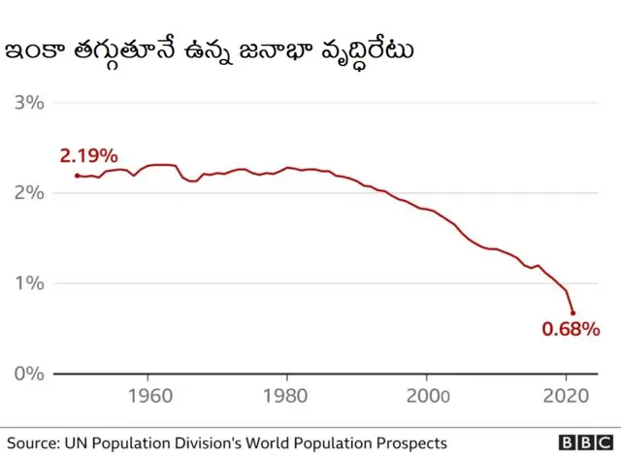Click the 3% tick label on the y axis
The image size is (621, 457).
(28, 103)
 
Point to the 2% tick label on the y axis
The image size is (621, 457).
(28, 193)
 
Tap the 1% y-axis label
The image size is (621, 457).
(28, 283)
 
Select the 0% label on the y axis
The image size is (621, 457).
(28, 374)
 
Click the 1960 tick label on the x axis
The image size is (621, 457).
(147, 396)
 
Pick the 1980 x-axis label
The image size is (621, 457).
(287, 396)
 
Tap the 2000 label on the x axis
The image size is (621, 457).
(427, 396)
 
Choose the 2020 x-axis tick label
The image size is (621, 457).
(567, 396)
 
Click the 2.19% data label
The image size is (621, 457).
(88, 155)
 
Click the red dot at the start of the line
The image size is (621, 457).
(78, 176)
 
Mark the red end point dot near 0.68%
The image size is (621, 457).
(573, 313)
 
